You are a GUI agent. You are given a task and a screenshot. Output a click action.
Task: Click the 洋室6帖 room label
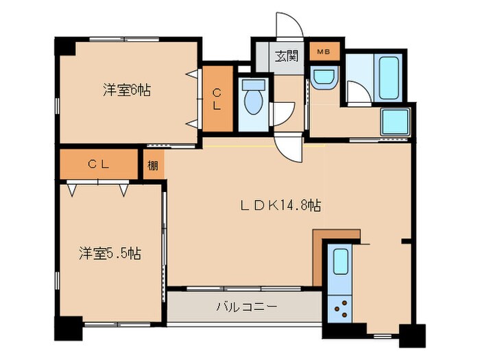tap(127, 90)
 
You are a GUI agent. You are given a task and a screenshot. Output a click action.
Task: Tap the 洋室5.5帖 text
tap(109, 254)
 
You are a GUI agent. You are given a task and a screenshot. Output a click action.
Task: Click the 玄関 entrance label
tap(287, 56)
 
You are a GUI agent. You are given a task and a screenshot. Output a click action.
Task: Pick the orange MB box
tap(319, 51)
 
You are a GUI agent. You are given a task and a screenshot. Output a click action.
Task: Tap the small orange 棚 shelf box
tap(154, 165)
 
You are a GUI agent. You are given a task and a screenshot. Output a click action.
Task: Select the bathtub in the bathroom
tap(389, 79)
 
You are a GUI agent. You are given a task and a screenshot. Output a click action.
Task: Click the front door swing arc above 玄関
tap(289, 27)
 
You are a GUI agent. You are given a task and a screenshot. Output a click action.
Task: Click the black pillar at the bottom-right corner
tap(412, 335)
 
